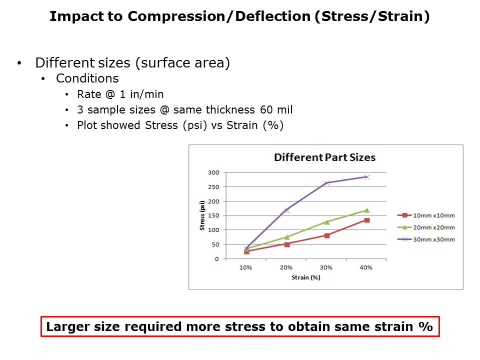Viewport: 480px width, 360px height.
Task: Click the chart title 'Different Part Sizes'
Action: pyautogui.click(x=324, y=157)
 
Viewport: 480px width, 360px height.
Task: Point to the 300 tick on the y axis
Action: pyautogui.click(x=213, y=172)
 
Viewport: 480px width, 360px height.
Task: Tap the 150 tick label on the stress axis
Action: pyautogui.click(x=213, y=215)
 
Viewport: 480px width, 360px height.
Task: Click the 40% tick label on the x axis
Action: pyautogui.click(x=366, y=267)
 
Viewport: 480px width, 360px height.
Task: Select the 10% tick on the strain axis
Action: pyautogui.click(x=245, y=267)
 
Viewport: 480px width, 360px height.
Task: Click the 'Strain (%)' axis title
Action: pyautogui.click(x=305, y=277)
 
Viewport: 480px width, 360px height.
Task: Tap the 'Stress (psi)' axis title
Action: pyautogui.click(x=202, y=215)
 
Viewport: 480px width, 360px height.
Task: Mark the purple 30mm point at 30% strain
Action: pyautogui.click(x=326, y=183)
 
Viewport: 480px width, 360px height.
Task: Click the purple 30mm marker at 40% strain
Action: pyautogui.click(x=366, y=177)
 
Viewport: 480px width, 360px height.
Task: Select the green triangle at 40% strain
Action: pyautogui.click(x=366, y=210)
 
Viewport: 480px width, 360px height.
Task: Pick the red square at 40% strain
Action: pyautogui.click(x=366, y=220)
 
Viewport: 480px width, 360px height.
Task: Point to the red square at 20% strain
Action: pyautogui.click(x=286, y=244)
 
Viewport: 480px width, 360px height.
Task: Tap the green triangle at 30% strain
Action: pyautogui.click(x=326, y=222)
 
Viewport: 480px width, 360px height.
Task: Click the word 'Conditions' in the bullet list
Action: pyautogui.click(x=87, y=78)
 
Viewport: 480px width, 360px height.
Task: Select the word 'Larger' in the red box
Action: pyautogui.click(x=65, y=327)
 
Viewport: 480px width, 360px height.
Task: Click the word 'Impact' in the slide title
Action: pyautogui.click(x=71, y=16)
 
